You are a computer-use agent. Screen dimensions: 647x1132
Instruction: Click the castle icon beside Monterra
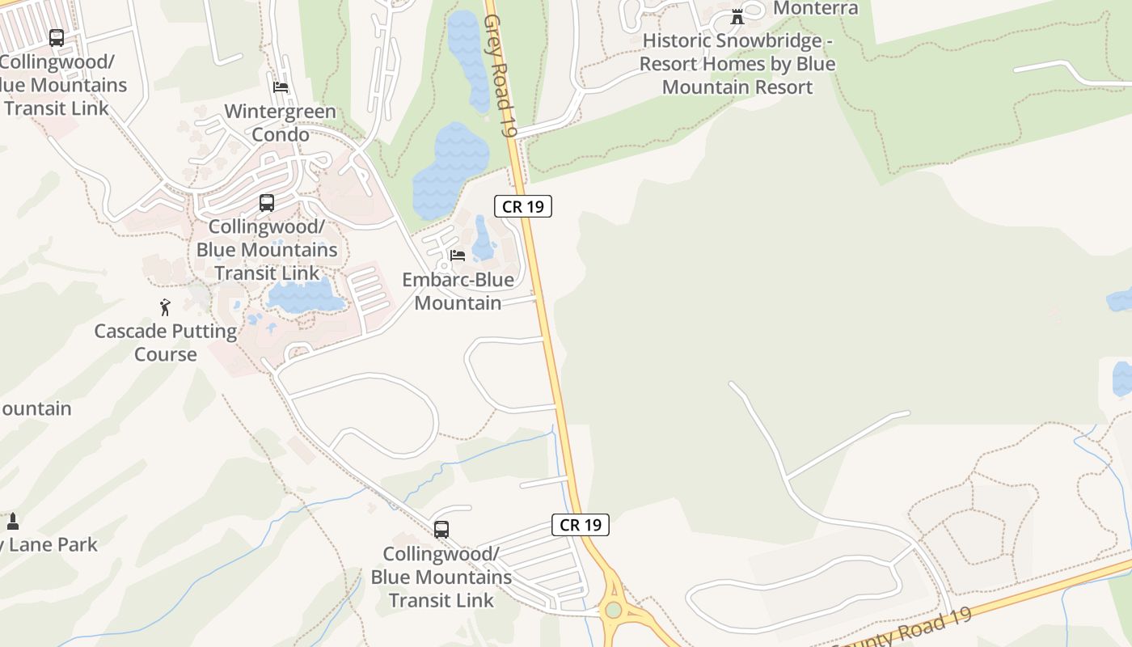coord(737,16)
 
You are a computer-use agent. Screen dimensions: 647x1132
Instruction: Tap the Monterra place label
coord(815,9)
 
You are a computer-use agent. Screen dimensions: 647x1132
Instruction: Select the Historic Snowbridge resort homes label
coord(737,64)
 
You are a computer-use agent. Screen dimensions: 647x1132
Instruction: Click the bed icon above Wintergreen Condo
coord(281,87)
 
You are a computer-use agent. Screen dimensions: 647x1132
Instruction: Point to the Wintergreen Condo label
coord(280,123)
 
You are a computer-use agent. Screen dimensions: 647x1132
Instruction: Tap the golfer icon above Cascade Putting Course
coord(166,307)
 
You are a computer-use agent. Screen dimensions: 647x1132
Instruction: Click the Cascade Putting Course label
coord(166,342)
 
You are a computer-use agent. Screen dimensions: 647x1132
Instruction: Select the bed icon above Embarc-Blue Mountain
coord(458,256)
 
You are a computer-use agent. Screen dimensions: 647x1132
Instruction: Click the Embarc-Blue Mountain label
coord(458,291)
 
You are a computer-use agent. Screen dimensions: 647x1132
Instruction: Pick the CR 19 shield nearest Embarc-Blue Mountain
coord(523,206)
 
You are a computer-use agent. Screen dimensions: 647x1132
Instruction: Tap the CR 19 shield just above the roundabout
coord(581,525)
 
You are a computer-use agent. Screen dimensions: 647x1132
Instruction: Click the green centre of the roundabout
coord(614,610)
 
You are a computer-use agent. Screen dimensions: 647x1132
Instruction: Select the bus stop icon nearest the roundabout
coord(441,530)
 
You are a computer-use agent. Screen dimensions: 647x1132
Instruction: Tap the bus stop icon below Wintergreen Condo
coord(267,203)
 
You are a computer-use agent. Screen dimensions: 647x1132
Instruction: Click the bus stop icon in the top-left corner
coord(57,38)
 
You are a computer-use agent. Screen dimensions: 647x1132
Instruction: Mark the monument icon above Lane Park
coord(12,521)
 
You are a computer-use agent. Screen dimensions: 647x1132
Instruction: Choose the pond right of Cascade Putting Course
coord(306,297)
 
